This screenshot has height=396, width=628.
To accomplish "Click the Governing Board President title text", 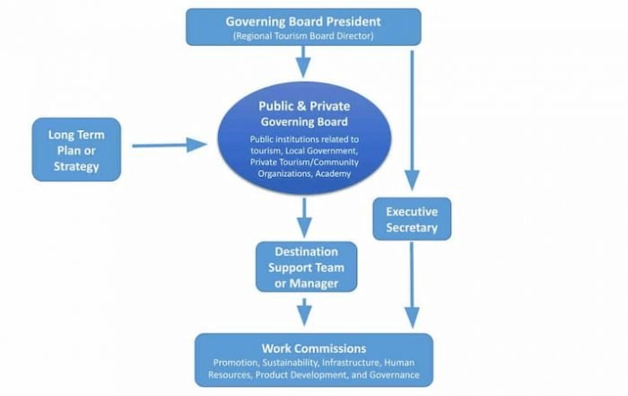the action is click(x=303, y=22).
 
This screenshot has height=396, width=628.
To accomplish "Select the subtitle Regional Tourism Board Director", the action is click(x=303, y=36).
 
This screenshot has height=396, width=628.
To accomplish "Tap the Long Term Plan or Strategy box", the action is click(x=76, y=149).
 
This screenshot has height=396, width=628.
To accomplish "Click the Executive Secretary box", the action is click(x=412, y=219).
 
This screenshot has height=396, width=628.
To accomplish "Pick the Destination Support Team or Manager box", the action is click(x=307, y=267).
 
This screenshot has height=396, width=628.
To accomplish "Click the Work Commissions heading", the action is click(x=314, y=348).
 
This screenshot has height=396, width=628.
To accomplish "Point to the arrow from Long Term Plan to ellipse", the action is click(x=170, y=145).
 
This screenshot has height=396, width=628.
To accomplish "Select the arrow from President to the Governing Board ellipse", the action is click(x=303, y=62).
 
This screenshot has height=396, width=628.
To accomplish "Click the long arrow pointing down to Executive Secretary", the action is click(x=412, y=120).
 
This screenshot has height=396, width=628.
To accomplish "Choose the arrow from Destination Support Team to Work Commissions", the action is click(x=304, y=312).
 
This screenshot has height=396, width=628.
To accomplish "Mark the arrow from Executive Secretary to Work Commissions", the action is click(x=412, y=285).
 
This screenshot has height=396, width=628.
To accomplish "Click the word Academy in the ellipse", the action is click(x=333, y=173).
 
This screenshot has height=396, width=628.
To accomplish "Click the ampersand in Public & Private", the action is click(x=300, y=106).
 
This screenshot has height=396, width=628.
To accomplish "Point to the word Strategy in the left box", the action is click(x=76, y=166).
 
